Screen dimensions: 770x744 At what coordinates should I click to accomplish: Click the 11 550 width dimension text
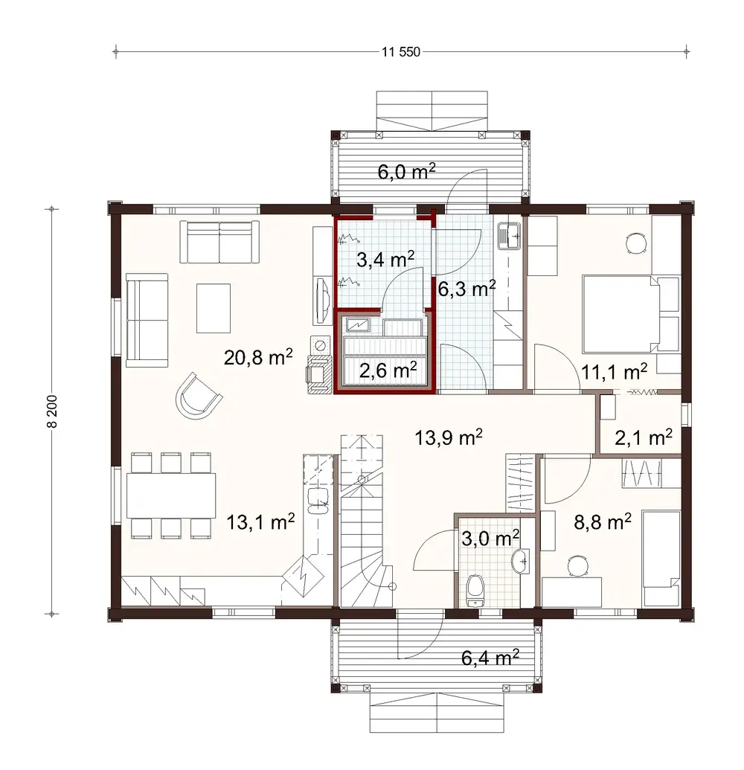[x=401, y=52]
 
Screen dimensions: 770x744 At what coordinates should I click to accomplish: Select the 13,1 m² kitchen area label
[x=260, y=522]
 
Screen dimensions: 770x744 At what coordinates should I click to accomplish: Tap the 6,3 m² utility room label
[x=466, y=289]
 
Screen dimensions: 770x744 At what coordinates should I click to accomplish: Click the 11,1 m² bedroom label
[x=614, y=372]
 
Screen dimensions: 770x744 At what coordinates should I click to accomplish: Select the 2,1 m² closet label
[x=642, y=438]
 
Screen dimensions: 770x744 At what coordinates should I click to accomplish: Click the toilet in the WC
[x=474, y=589]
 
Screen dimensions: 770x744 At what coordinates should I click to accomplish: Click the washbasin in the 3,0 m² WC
[x=521, y=560]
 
